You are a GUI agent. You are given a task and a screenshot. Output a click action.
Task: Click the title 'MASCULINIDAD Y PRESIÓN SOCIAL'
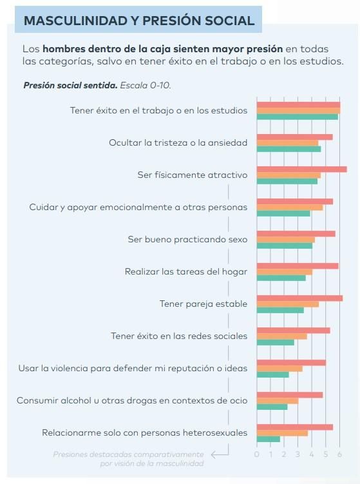coord(138,21)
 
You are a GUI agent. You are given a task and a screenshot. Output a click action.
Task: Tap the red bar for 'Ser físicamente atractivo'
coord(301,169)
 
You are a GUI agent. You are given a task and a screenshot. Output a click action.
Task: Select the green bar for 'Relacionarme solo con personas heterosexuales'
coord(269,439)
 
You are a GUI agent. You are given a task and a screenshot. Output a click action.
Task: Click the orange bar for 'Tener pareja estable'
coord(287,304)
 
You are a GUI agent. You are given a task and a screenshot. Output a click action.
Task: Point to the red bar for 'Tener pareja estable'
coord(299,298)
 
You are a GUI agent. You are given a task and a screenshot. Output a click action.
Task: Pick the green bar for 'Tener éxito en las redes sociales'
coord(275,342)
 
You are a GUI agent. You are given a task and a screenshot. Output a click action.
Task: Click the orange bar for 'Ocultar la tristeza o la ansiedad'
coord(287,143)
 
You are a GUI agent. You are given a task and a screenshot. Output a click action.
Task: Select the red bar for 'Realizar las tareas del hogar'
coord(298,266)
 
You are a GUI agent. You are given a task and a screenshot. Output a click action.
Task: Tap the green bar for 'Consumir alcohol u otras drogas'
coord(272,407)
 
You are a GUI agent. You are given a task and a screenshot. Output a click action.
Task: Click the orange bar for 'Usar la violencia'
coord(279,369)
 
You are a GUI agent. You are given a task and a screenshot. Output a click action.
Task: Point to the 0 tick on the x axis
coord(257,455)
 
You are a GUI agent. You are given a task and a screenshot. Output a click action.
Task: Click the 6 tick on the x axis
coord(339,455)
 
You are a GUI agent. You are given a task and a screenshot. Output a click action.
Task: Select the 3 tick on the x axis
coord(298,455)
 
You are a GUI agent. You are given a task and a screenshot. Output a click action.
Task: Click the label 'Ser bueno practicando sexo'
coord(187,239)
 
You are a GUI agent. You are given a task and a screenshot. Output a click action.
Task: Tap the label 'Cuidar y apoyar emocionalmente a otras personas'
coord(138,207)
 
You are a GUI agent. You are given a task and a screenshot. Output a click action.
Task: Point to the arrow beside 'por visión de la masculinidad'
coord(220,454)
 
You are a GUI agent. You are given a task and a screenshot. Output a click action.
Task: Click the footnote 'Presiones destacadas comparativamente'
coord(128,454)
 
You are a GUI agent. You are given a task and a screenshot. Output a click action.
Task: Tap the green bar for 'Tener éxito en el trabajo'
coord(297,117)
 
